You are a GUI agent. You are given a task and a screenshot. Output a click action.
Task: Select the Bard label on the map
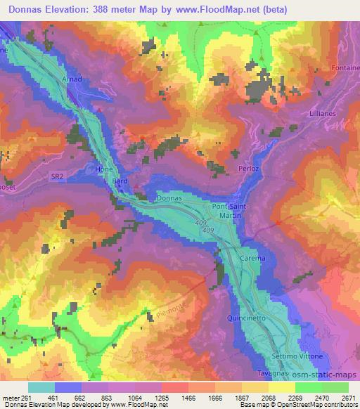[x=120, y=181]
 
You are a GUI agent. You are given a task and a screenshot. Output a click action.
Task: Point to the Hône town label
[x=103, y=169]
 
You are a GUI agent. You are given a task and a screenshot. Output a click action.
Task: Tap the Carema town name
[x=253, y=259]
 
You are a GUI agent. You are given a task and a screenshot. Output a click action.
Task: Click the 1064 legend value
[x=136, y=398]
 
